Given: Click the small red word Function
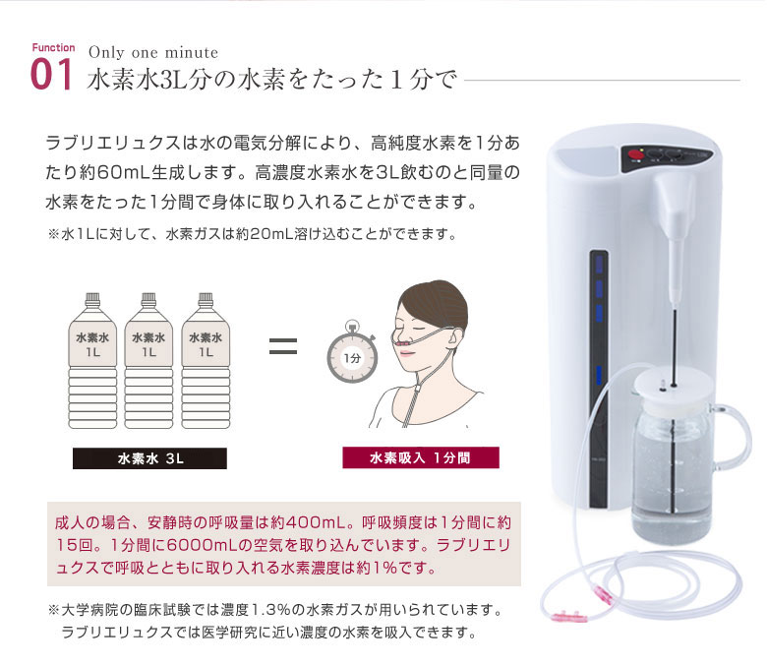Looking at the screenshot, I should pyautogui.click(x=52, y=48).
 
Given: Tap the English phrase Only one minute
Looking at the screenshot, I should pyautogui.click(x=152, y=52).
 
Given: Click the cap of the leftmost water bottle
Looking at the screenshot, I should pyautogui.click(x=92, y=295).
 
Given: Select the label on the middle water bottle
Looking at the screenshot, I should pyautogui.click(x=148, y=344).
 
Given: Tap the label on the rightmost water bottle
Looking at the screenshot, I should pyautogui.click(x=206, y=344).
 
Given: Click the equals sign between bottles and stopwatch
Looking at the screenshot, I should pyautogui.click(x=282, y=346).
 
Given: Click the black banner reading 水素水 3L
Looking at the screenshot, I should pyautogui.click(x=149, y=458).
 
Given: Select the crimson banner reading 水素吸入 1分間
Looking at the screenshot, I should pyautogui.click(x=421, y=458).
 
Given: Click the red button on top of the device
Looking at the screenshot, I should pyautogui.click(x=635, y=154).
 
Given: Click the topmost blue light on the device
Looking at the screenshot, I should pyautogui.click(x=596, y=265).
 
